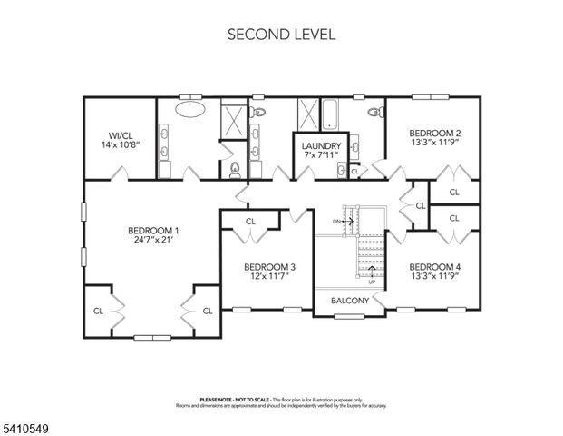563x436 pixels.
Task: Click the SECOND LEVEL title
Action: click(281, 35)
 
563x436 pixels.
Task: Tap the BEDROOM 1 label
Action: click(151, 231)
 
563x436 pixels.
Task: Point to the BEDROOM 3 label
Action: click(270, 267)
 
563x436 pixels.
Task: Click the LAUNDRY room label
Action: click(321, 146)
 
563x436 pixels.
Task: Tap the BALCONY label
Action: click(349, 301)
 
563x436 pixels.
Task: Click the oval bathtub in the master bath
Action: click(189, 112)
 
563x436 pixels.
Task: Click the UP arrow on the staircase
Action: click(371, 273)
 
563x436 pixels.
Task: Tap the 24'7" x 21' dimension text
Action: click(151, 242)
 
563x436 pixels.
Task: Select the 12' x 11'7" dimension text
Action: click(270, 278)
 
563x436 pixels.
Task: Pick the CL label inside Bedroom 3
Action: click(250, 221)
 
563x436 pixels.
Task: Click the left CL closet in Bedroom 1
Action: click(98, 311)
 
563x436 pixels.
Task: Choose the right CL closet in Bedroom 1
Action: click(207, 311)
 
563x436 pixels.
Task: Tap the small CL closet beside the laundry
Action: click(354, 171)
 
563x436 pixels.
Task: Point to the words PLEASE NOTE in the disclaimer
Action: click(216, 400)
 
